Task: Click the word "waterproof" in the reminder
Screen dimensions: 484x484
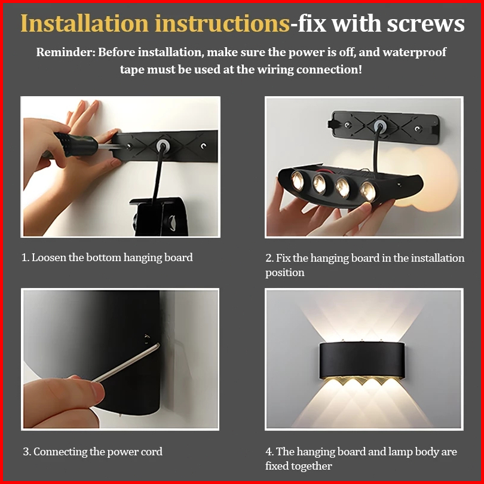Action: point(414,53)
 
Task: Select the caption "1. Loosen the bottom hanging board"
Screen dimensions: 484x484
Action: point(107,258)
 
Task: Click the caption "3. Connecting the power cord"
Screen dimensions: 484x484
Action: point(93,452)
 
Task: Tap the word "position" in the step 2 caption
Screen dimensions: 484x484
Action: point(285,273)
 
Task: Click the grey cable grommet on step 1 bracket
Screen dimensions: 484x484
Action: point(161,145)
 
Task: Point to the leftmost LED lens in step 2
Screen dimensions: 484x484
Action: point(298,180)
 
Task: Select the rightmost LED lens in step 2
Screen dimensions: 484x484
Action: point(368,191)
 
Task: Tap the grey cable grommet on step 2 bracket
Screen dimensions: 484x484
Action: point(379,125)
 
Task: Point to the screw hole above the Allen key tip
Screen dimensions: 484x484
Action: point(147,339)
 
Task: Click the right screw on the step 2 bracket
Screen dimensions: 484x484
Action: point(417,128)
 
